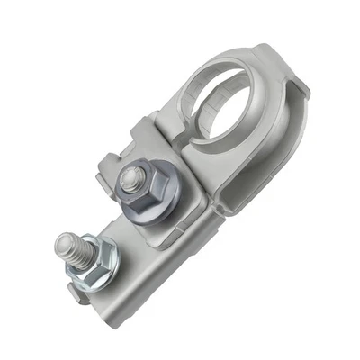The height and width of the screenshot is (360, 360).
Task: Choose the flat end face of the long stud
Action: [63, 241]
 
